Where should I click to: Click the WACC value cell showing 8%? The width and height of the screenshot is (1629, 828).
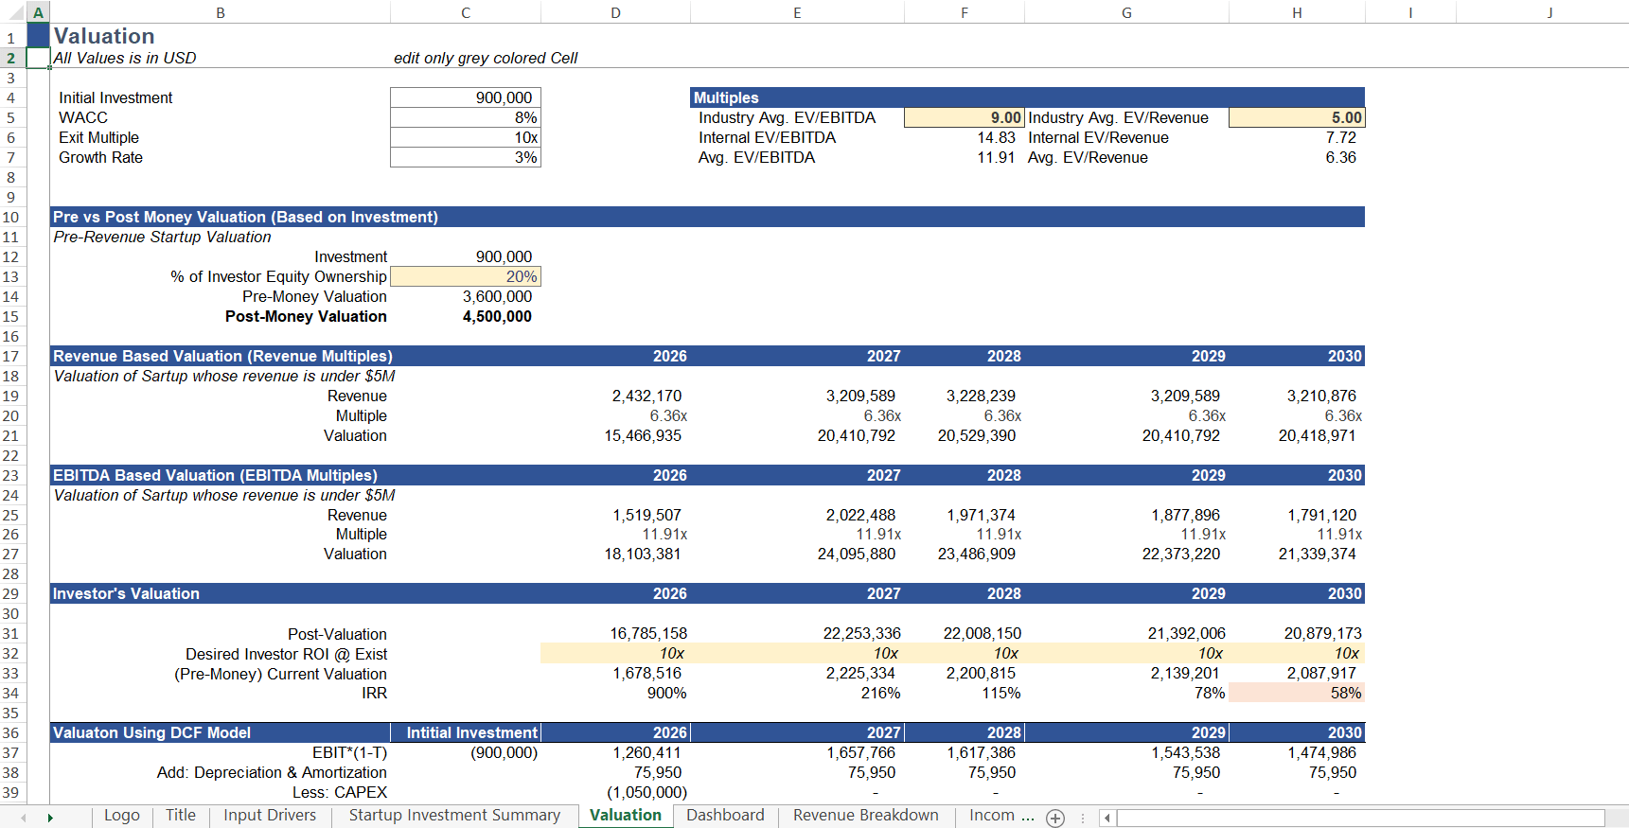(x=465, y=117)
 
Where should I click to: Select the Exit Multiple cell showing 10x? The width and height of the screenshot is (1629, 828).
(x=465, y=137)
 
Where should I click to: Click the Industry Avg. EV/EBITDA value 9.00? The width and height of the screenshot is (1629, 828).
(x=964, y=117)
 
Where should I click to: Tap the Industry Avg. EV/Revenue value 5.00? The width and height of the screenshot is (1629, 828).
(x=1296, y=117)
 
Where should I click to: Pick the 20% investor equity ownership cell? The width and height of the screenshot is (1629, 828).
(x=465, y=276)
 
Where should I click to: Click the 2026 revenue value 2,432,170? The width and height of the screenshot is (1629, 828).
(x=646, y=396)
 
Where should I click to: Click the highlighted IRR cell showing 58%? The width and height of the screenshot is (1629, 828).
(x=1296, y=693)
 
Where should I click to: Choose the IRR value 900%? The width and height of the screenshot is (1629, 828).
(x=666, y=693)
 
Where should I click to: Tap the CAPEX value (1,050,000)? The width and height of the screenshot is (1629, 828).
(x=646, y=792)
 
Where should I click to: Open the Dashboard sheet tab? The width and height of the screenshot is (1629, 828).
(x=725, y=816)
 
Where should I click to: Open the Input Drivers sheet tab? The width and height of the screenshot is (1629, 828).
(x=270, y=816)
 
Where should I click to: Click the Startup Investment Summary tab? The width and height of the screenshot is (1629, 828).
(x=454, y=816)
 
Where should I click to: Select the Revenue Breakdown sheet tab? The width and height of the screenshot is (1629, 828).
(x=865, y=816)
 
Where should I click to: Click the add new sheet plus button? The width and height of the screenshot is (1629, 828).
(x=1055, y=818)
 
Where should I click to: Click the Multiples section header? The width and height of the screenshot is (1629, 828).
(x=726, y=97)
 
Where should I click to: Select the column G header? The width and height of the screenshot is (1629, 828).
(x=1126, y=12)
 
